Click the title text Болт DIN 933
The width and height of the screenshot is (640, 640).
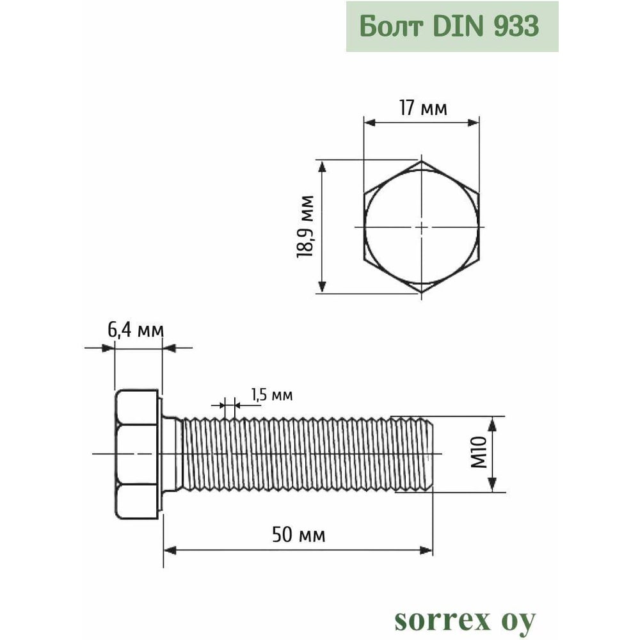click(449, 26)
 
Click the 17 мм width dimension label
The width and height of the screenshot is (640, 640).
click(423, 108)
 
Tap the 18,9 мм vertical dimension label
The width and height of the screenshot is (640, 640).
click(305, 227)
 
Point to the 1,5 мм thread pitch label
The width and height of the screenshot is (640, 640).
click(271, 395)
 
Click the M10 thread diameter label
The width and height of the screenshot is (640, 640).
click(479, 452)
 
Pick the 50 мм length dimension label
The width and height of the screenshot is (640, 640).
click(298, 534)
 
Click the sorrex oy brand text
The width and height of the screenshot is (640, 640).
click(465, 621)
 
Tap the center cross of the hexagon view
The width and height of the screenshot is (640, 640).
click(421, 227)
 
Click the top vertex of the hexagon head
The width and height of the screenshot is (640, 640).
click(421, 161)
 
